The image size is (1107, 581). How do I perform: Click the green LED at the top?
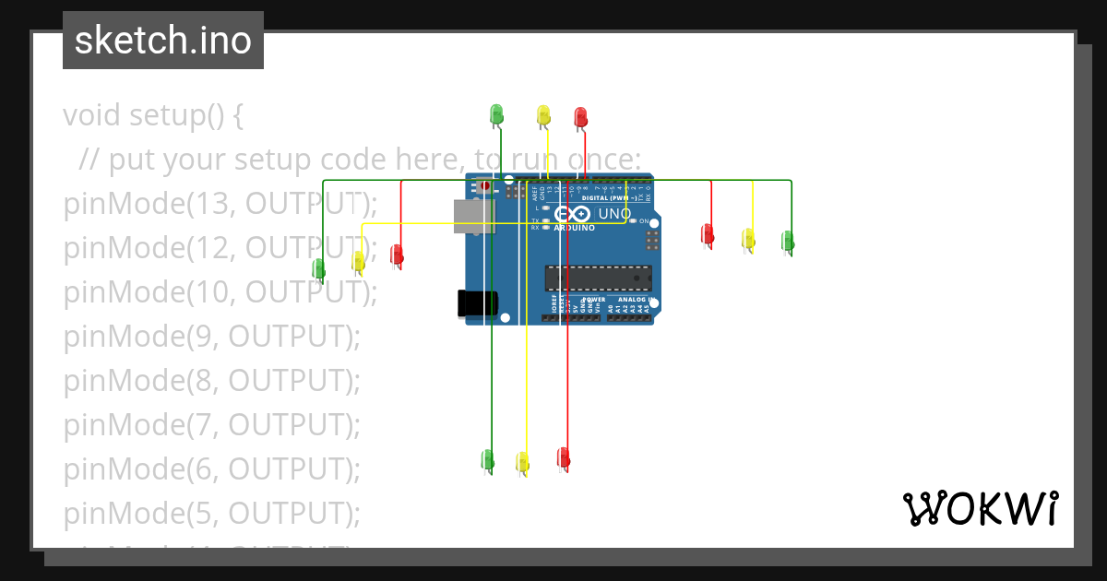tap(496, 114)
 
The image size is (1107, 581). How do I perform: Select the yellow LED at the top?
tap(543, 115)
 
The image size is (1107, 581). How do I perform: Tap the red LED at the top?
tap(580, 117)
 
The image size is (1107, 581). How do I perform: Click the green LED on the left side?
tap(319, 268)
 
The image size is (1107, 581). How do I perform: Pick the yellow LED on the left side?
tap(358, 261)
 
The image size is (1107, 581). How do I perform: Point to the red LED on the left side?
tap(397, 254)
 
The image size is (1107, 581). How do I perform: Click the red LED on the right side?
tap(708, 233)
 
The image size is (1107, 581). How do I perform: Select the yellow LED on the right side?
tap(748, 239)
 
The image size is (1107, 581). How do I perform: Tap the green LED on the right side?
tap(788, 241)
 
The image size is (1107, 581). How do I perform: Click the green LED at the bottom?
tap(488, 458)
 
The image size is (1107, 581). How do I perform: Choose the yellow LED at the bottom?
tap(522, 461)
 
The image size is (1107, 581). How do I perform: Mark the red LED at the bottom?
tap(564, 456)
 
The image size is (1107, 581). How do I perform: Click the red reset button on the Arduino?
tap(486, 185)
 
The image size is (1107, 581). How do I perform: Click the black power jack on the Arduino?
tap(477, 303)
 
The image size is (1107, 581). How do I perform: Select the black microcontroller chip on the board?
tap(598, 278)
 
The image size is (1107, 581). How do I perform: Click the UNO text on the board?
tap(615, 214)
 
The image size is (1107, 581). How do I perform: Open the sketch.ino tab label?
tap(163, 41)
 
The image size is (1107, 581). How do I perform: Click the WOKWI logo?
tap(980, 508)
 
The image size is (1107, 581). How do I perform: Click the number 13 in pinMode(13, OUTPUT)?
tap(207, 203)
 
